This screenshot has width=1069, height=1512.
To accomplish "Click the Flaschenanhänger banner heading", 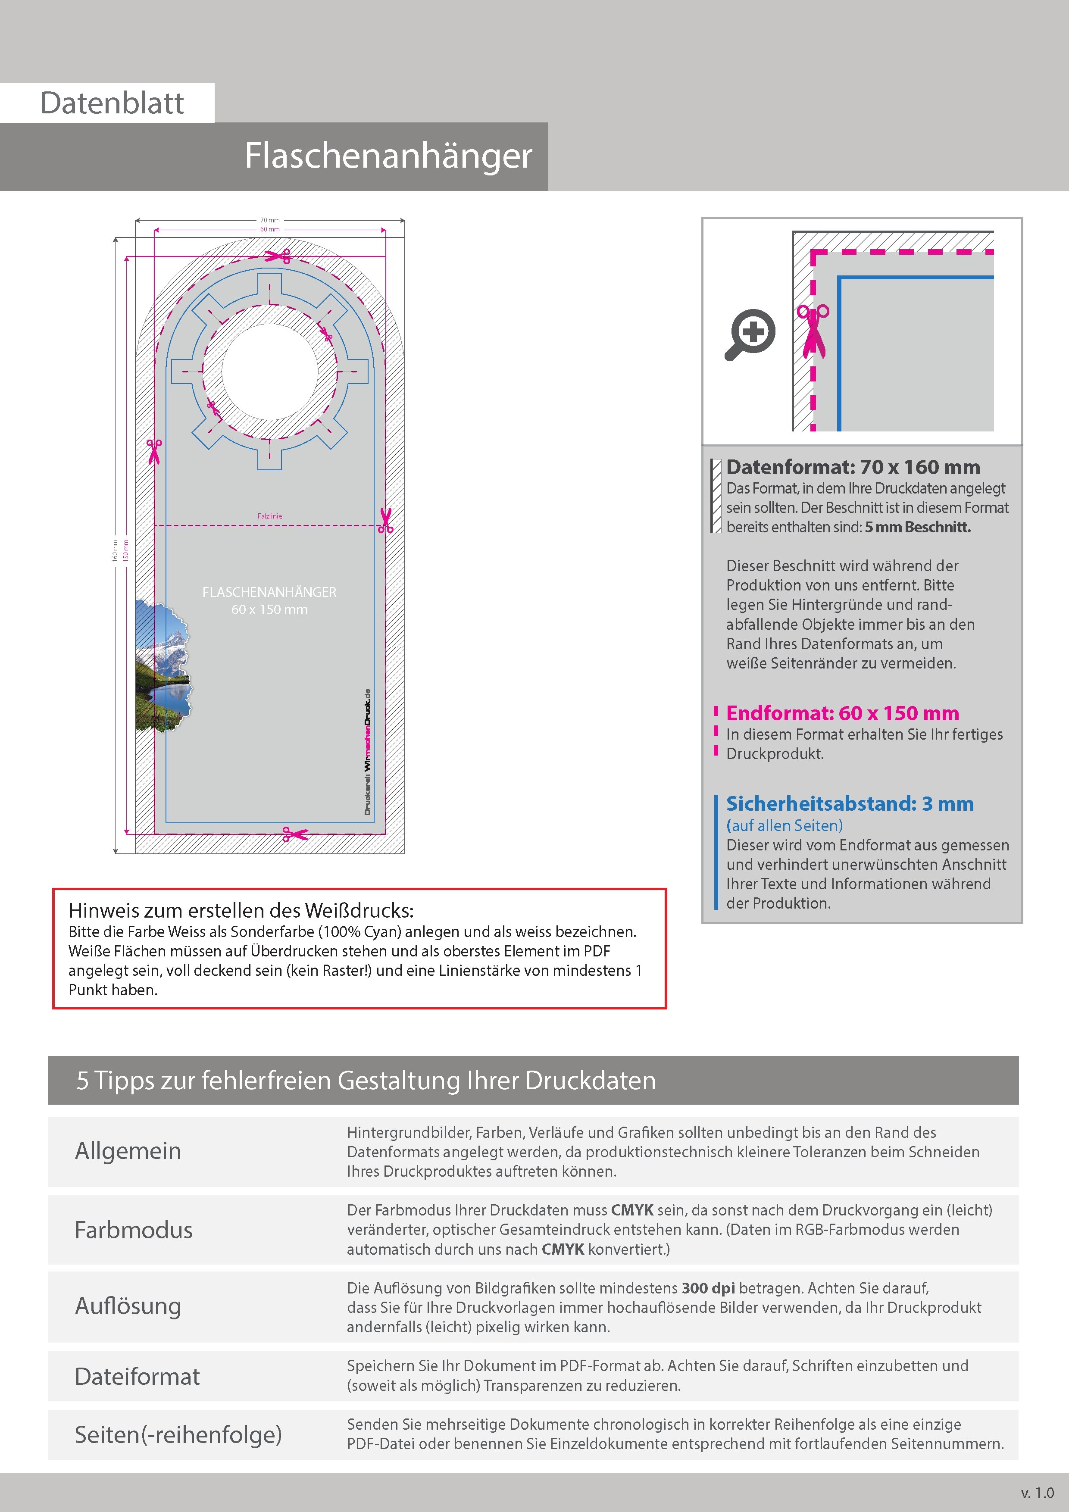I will (x=388, y=156).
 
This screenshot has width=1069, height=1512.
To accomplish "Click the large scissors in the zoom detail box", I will (x=813, y=331).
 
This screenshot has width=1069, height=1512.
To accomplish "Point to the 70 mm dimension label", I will (x=269, y=220).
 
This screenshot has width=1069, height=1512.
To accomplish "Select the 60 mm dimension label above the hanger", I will (x=269, y=229).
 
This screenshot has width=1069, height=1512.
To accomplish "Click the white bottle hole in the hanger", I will (x=270, y=372).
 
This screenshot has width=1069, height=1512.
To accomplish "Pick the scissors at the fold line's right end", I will (x=386, y=520).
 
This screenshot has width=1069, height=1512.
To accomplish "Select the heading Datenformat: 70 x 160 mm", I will (x=853, y=467).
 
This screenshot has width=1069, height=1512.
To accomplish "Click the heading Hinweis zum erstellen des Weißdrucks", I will (x=241, y=910).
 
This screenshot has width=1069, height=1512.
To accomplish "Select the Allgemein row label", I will (x=128, y=1150).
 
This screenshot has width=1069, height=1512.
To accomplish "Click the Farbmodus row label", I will (x=134, y=1230).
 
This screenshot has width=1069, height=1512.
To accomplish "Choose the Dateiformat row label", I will (x=137, y=1376).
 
